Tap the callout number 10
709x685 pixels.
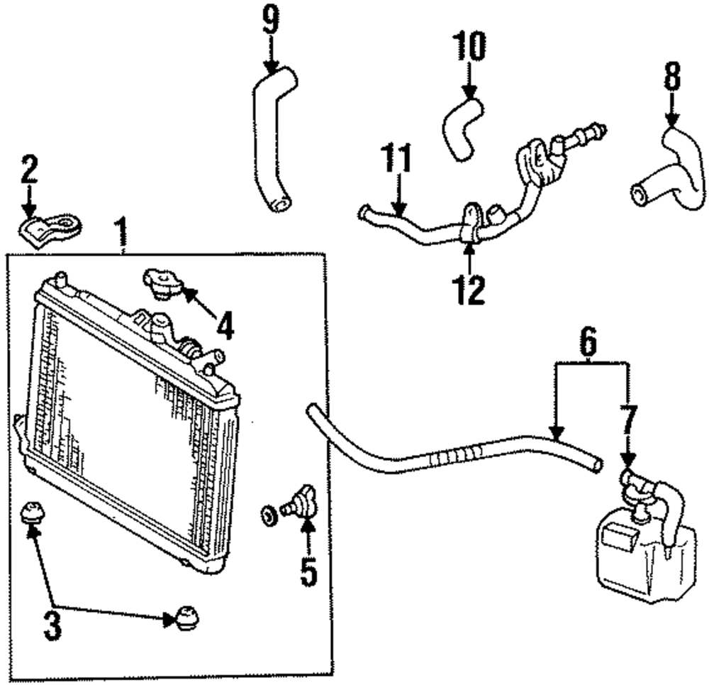[x=469, y=45]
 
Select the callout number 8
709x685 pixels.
[x=672, y=77]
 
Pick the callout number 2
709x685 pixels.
[x=29, y=169]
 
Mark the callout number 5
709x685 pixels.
[x=308, y=571]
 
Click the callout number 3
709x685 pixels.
[x=52, y=625]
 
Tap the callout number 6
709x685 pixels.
[x=588, y=342]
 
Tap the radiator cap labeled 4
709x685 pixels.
[x=162, y=284]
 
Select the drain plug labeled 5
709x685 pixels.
[x=298, y=500]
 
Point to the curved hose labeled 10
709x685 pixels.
[x=462, y=129]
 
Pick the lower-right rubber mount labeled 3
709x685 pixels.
[x=185, y=617]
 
